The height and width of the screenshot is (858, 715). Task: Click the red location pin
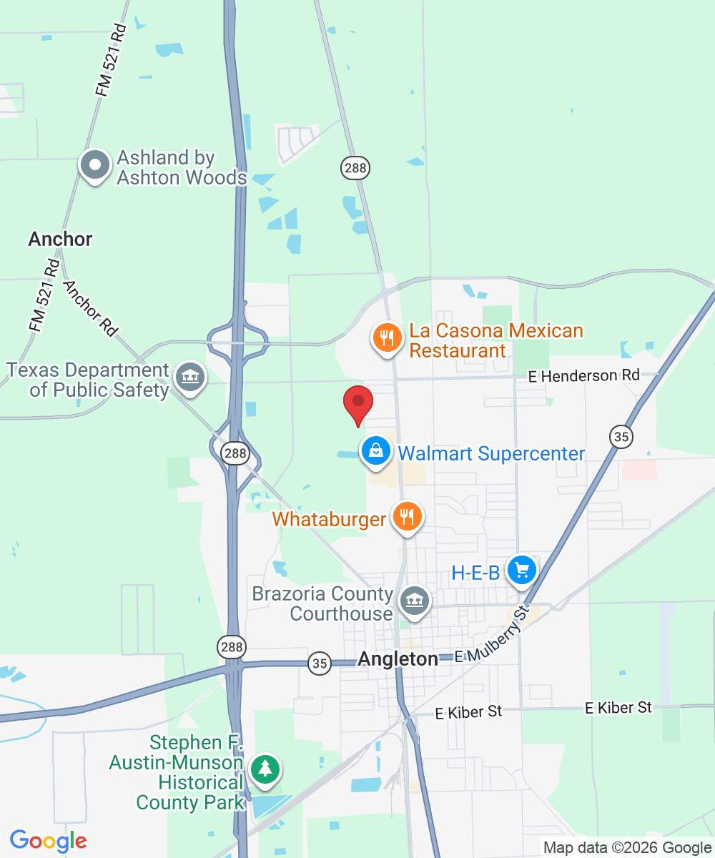coord(358,405)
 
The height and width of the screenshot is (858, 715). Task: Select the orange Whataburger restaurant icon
coord(408,517)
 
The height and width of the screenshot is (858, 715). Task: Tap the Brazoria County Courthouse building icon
coord(414,601)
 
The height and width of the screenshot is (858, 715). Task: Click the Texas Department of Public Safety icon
coord(189,378)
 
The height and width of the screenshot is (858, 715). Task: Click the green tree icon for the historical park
coord(266,769)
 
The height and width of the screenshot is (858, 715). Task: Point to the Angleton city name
coord(398,659)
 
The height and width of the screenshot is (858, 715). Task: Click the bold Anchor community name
coord(60,239)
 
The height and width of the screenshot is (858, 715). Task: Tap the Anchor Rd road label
coord(90,308)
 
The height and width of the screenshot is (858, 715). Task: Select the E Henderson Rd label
coord(584,375)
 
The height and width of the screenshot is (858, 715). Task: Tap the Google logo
coord(49,841)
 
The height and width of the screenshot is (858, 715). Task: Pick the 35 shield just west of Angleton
coord(320,664)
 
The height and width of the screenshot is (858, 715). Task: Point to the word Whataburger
coord(329,519)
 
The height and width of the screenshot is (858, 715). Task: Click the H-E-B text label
coord(475,573)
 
